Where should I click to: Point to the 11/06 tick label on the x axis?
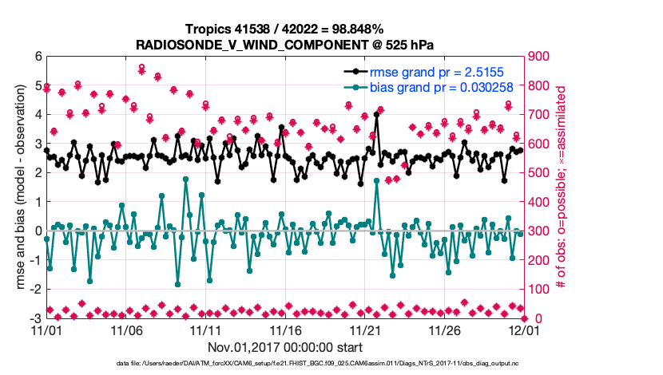click(x=125, y=329)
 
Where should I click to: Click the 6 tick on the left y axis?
click(x=38, y=57)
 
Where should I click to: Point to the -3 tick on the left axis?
click(x=35, y=318)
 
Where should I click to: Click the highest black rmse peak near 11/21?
click(x=376, y=114)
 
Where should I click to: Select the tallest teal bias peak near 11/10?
click(x=185, y=180)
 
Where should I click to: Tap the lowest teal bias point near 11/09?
click(x=177, y=284)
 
